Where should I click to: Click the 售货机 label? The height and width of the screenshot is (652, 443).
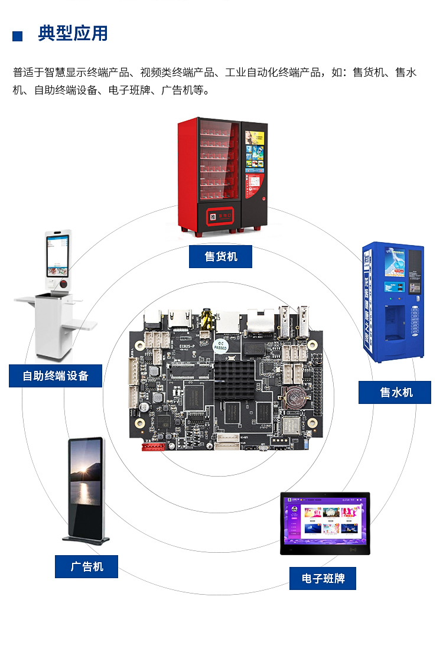[220, 257]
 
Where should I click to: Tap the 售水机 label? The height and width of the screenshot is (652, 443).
[395, 393]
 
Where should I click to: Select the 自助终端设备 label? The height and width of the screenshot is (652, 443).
[56, 376]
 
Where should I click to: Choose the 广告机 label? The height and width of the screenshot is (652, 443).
[86, 566]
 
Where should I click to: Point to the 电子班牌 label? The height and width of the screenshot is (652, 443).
[323, 578]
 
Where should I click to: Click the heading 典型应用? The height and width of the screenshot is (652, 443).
[73, 34]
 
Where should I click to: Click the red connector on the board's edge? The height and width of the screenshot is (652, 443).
[153, 447]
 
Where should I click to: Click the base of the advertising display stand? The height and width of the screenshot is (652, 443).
[87, 539]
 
